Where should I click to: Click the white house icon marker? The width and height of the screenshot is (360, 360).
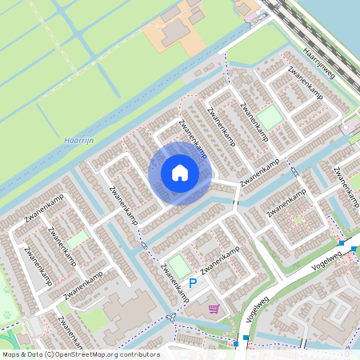tap(180, 173)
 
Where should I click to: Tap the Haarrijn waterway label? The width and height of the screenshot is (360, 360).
tap(78, 142)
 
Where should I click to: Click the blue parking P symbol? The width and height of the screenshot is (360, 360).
tap(193, 284)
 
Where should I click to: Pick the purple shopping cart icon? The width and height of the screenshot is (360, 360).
tap(214, 308)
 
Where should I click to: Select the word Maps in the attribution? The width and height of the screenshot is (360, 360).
tap(12, 354)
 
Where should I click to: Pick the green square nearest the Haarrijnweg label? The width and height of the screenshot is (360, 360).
tap(270, 117)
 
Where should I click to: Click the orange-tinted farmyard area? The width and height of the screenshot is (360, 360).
tap(172, 30)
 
